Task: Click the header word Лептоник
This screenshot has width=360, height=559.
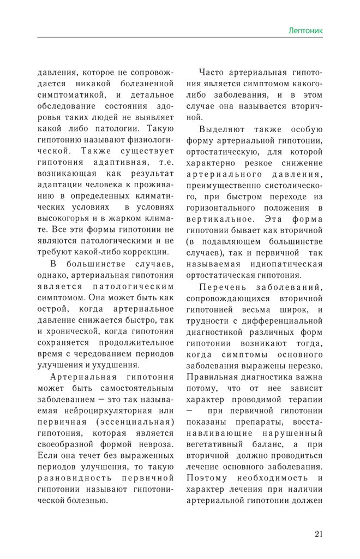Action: pyautogui.click(x=305, y=31)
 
